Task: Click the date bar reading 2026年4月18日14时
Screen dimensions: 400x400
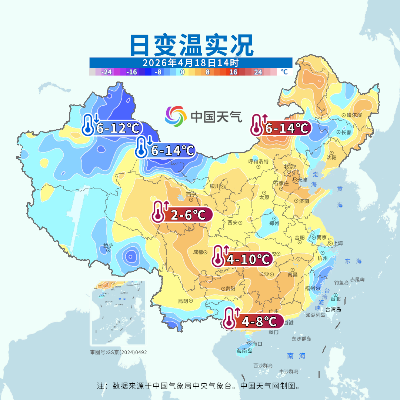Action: pos(191,62)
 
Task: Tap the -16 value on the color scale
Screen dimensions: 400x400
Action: pos(131,72)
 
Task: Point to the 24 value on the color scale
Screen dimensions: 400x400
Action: pos(258,72)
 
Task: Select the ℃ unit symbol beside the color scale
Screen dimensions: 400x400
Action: pos(284,72)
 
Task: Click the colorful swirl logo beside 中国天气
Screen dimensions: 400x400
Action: pos(176,116)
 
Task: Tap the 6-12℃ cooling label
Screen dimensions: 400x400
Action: pos(118,128)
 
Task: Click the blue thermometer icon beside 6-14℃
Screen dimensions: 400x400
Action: pos(143,148)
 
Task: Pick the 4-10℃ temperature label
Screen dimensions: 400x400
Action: pos(248,259)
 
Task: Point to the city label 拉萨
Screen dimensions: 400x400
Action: pos(108,245)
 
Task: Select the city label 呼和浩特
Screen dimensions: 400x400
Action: pos(258,161)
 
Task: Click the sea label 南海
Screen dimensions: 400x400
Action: pos(297,356)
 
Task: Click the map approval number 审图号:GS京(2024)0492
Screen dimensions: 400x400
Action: pos(119,352)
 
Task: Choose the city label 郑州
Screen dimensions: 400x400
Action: pos(274,223)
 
